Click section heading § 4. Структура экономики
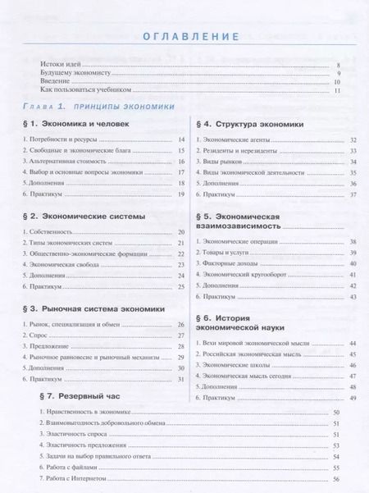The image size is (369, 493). click(249, 125)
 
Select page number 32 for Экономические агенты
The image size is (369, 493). click(352, 140)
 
